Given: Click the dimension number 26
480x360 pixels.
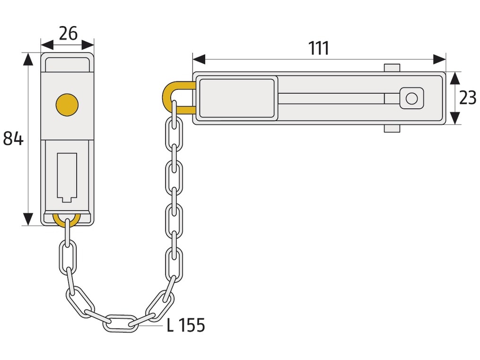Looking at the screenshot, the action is [68, 34].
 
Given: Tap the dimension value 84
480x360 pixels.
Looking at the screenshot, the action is [13, 138].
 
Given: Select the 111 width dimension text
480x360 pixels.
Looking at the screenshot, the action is [319, 48].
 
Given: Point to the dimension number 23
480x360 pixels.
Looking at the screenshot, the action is [467, 98].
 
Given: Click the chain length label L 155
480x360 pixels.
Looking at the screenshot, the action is [186, 325].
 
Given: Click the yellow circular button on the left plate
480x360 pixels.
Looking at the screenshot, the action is [67, 105].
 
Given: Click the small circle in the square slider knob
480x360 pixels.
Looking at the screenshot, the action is [411, 98].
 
